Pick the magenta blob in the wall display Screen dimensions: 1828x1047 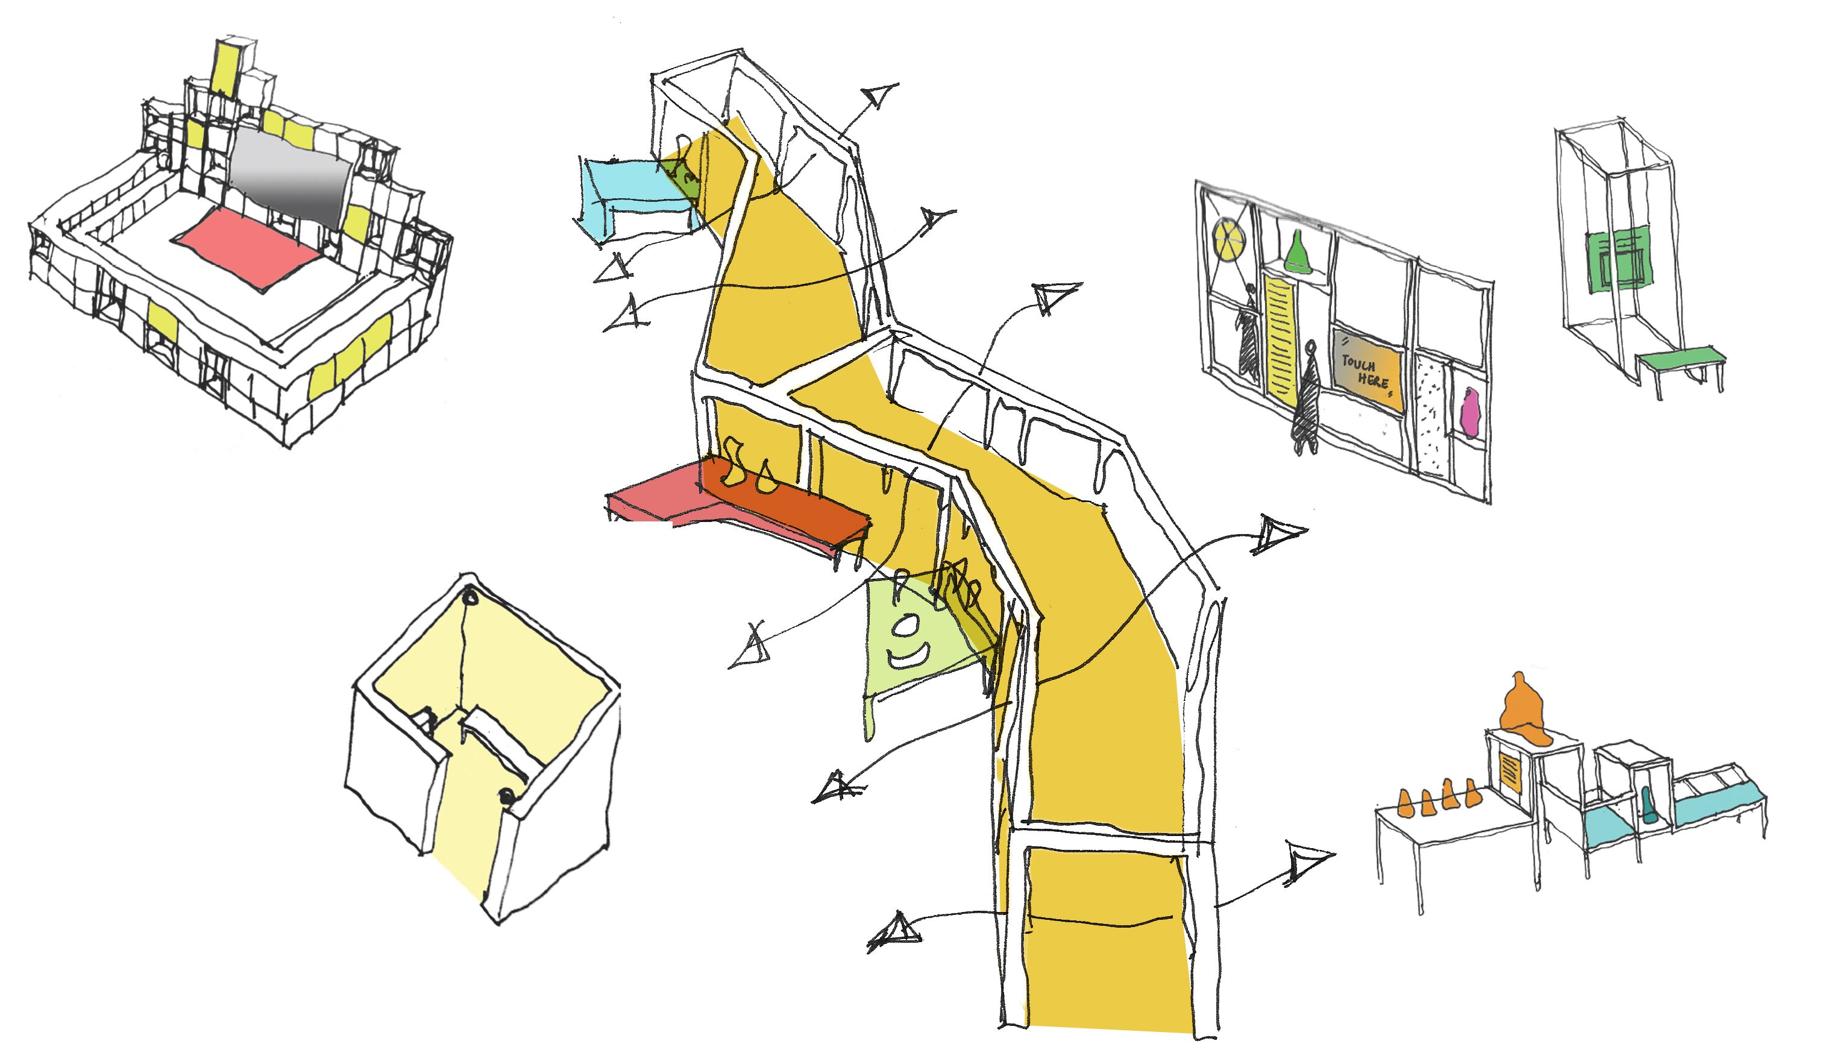(1469, 413)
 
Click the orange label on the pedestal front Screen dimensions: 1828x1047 (1510, 769)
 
